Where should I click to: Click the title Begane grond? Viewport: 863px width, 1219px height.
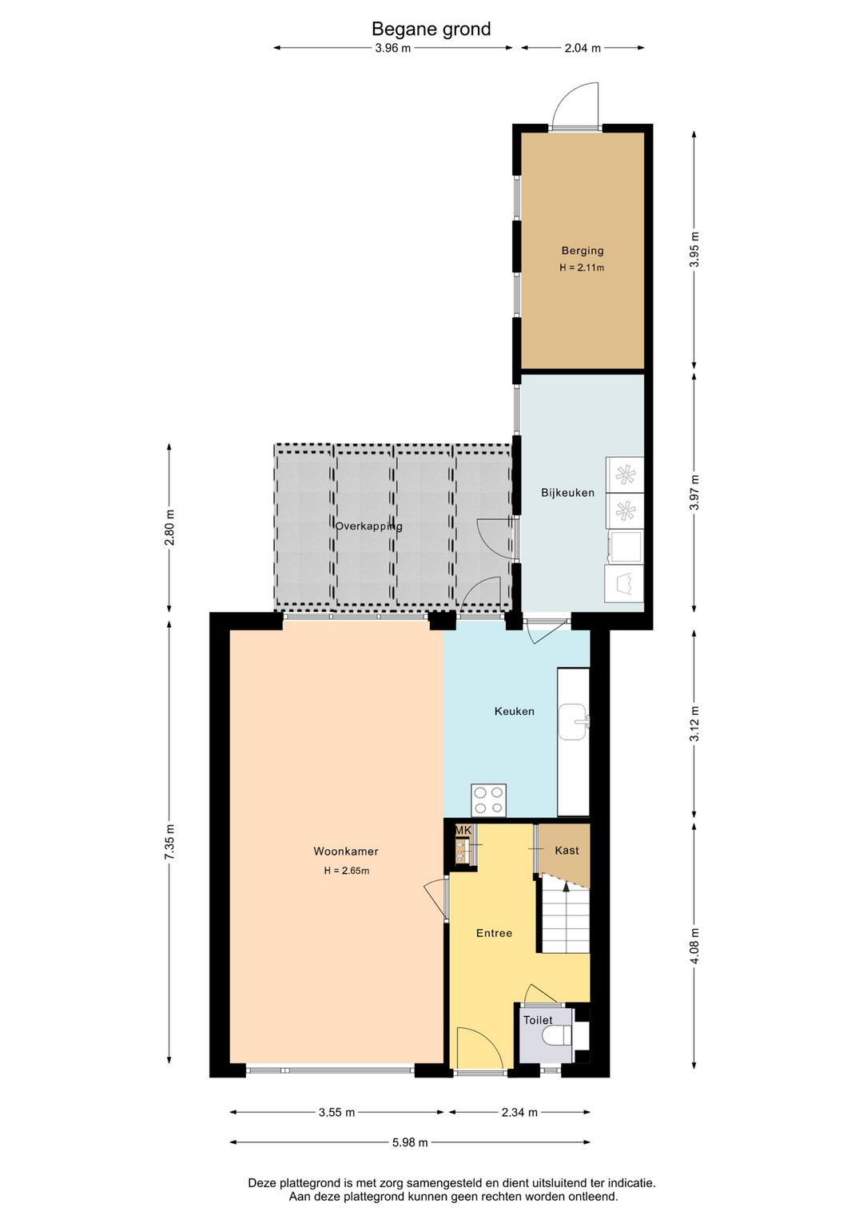pyautogui.click(x=431, y=29)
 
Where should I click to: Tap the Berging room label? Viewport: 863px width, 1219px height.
pyautogui.click(x=583, y=251)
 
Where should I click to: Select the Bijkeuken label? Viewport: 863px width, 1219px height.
pyautogui.click(x=567, y=493)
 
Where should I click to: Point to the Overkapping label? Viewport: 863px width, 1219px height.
pyautogui.click(x=368, y=526)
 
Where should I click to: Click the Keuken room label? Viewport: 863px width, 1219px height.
pyautogui.click(x=514, y=711)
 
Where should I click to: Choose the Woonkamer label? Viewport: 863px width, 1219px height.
pyautogui.click(x=346, y=851)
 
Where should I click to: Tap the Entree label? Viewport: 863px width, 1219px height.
pyautogui.click(x=494, y=933)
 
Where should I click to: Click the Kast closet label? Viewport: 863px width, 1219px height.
pyautogui.click(x=567, y=850)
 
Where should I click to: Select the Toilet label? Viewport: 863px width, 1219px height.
pyautogui.click(x=538, y=1020)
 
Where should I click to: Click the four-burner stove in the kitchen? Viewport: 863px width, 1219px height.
pyautogui.click(x=488, y=800)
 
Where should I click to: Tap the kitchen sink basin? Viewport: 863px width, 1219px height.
pyautogui.click(x=573, y=722)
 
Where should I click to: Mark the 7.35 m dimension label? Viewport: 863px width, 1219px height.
pyautogui.click(x=170, y=841)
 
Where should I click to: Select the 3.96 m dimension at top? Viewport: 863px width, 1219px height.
pyautogui.click(x=392, y=48)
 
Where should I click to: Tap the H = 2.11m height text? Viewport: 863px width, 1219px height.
pyautogui.click(x=582, y=268)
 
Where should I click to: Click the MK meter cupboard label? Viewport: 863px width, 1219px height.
pyautogui.click(x=463, y=831)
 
